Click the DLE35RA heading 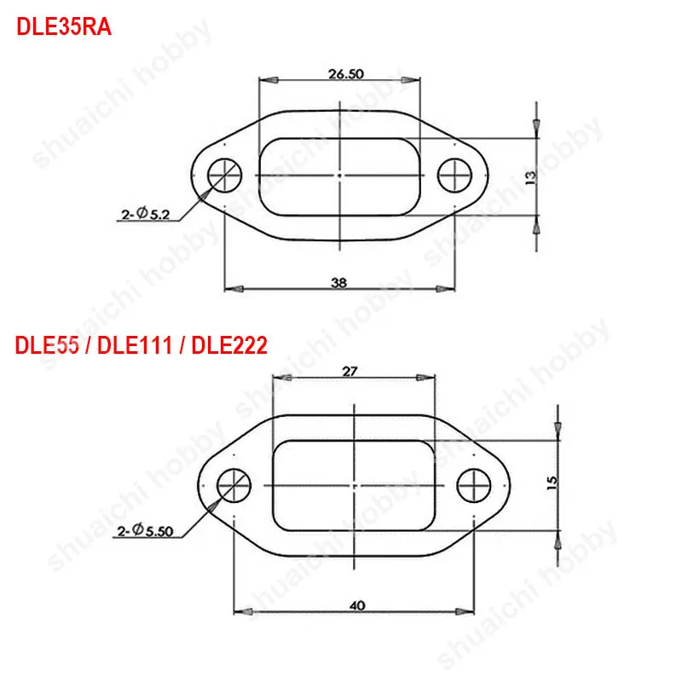click(x=64, y=27)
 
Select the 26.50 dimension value click(x=346, y=74)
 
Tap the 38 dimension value click(x=338, y=283)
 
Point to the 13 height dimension click(x=530, y=177)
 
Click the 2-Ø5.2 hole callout click(x=146, y=214)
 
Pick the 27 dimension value click(x=350, y=372)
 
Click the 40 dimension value click(x=357, y=605)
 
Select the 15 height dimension click(x=552, y=483)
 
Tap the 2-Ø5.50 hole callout click(x=145, y=530)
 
